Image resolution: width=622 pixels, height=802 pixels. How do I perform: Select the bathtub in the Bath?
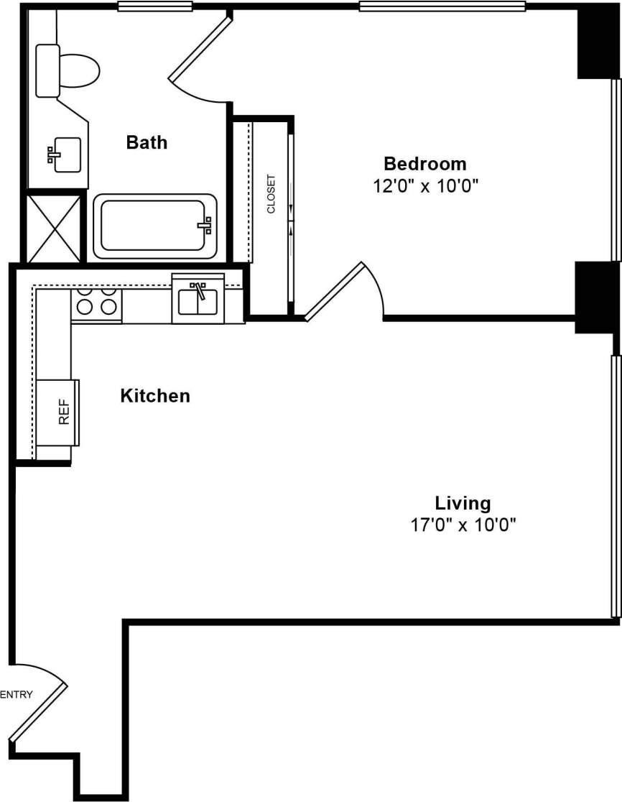coord(155,226)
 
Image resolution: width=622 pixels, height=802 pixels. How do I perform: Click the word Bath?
coord(147,142)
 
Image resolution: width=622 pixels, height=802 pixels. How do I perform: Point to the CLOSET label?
coord(271,194)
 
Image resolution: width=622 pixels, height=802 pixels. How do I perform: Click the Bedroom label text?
coord(424,163)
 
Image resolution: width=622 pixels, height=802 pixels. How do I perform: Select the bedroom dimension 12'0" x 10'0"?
coord(425,186)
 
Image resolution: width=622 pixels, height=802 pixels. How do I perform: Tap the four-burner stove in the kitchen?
coord(96,303)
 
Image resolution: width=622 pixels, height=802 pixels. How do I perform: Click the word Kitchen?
coord(155,395)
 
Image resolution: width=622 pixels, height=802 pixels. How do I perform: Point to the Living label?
coord(463,502)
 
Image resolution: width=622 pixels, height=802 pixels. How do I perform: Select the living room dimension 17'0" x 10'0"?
coord(463,525)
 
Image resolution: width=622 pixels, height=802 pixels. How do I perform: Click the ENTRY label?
coord(17,694)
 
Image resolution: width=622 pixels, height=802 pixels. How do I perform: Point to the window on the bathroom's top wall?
coord(155,7)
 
